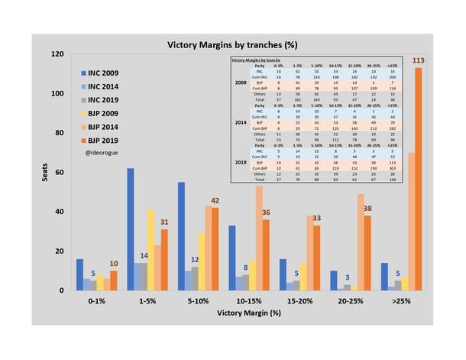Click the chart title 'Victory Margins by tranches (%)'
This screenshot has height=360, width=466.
[x=238, y=44]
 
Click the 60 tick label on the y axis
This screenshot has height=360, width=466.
[x=60, y=173]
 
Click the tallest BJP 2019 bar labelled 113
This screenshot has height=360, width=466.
[x=419, y=179]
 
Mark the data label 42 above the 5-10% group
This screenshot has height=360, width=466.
[x=215, y=201]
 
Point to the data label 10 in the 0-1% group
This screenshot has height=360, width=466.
[x=114, y=264]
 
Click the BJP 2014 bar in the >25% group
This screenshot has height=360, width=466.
[x=411, y=222]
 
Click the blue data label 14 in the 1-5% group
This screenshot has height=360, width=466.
[x=143, y=255]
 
